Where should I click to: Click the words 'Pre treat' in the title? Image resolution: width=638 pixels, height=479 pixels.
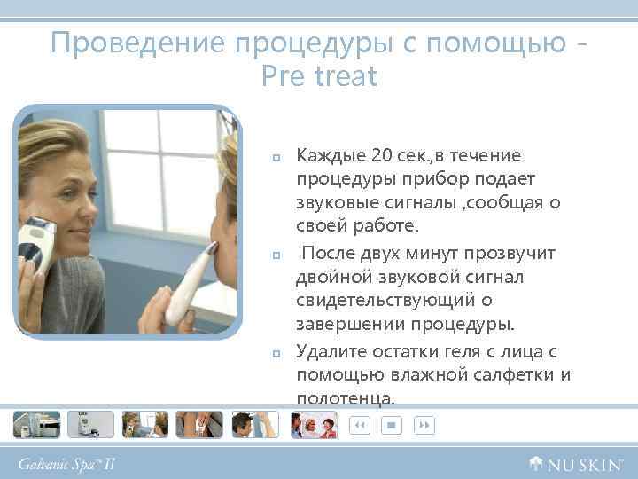(319, 77)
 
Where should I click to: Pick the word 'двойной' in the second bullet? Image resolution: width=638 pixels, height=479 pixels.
(328, 278)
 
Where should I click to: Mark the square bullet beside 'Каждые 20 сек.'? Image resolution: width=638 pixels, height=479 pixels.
(276, 158)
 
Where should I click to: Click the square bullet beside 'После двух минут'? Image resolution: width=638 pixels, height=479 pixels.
(276, 255)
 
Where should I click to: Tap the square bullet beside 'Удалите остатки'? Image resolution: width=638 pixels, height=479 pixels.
(276, 353)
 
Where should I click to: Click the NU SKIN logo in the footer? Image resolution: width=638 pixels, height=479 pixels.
(576, 462)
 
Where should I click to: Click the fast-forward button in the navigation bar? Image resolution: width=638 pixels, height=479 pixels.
(425, 426)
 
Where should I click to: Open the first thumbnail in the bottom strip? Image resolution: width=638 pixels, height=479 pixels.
(36, 425)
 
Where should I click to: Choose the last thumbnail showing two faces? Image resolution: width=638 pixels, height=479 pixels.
(314, 425)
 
